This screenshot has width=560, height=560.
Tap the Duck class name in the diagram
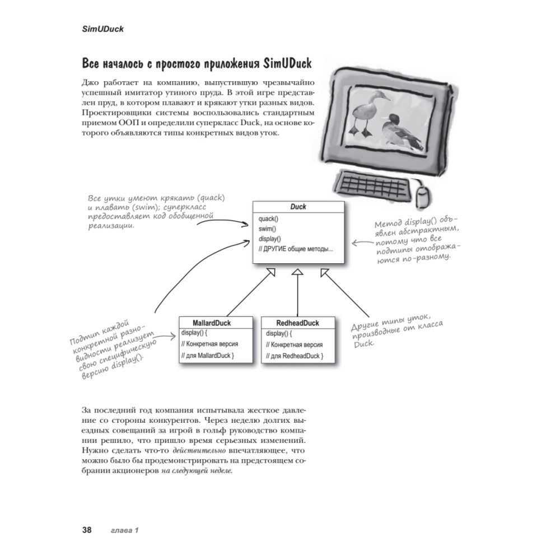[298, 207]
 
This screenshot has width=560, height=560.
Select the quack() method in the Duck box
[268, 219]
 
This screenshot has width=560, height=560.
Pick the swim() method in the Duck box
[267, 228]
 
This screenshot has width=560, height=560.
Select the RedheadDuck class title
[298, 323]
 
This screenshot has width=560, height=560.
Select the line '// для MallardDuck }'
[207, 356]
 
